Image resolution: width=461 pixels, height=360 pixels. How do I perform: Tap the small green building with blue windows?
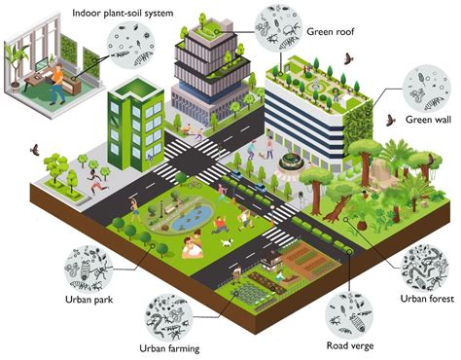[136, 122]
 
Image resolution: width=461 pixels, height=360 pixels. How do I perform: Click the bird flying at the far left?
[35, 151]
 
